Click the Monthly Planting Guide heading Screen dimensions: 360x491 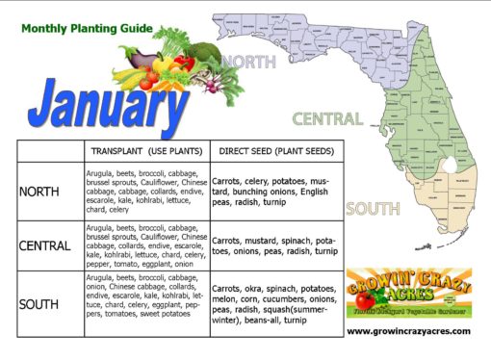pos(86,29)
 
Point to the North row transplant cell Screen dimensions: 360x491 pos(146,191)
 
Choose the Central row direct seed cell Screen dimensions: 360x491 pos(273,244)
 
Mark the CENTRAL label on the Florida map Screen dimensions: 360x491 pos(327,120)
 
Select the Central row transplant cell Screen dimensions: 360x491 pos(146,244)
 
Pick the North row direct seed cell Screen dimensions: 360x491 pos(273,192)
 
